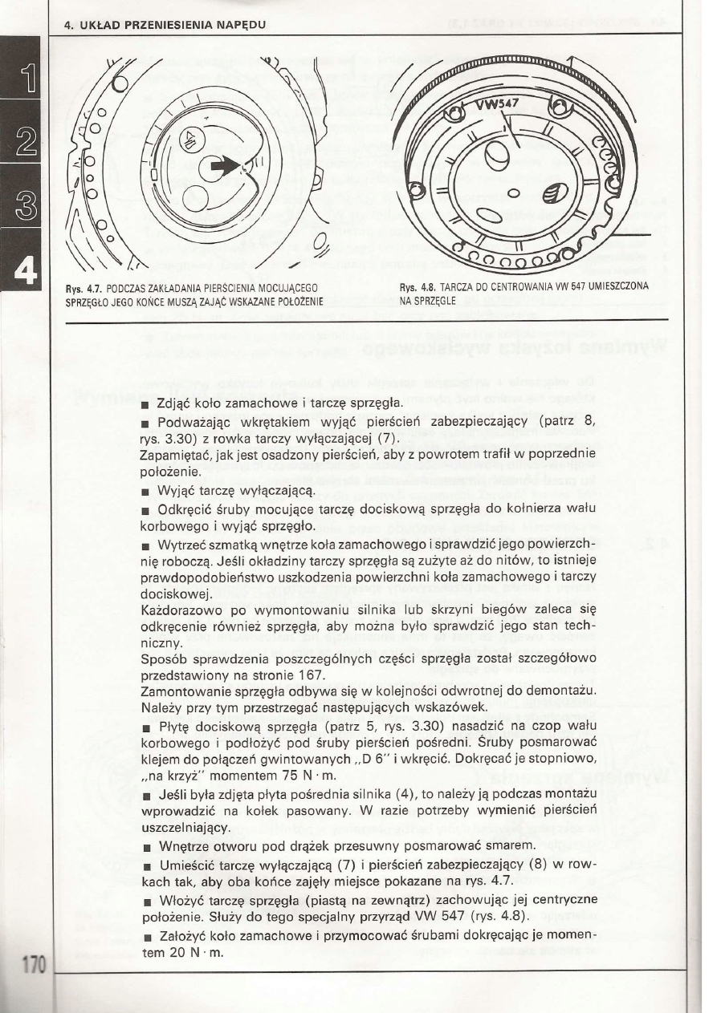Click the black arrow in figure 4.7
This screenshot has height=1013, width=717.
tap(226, 167)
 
